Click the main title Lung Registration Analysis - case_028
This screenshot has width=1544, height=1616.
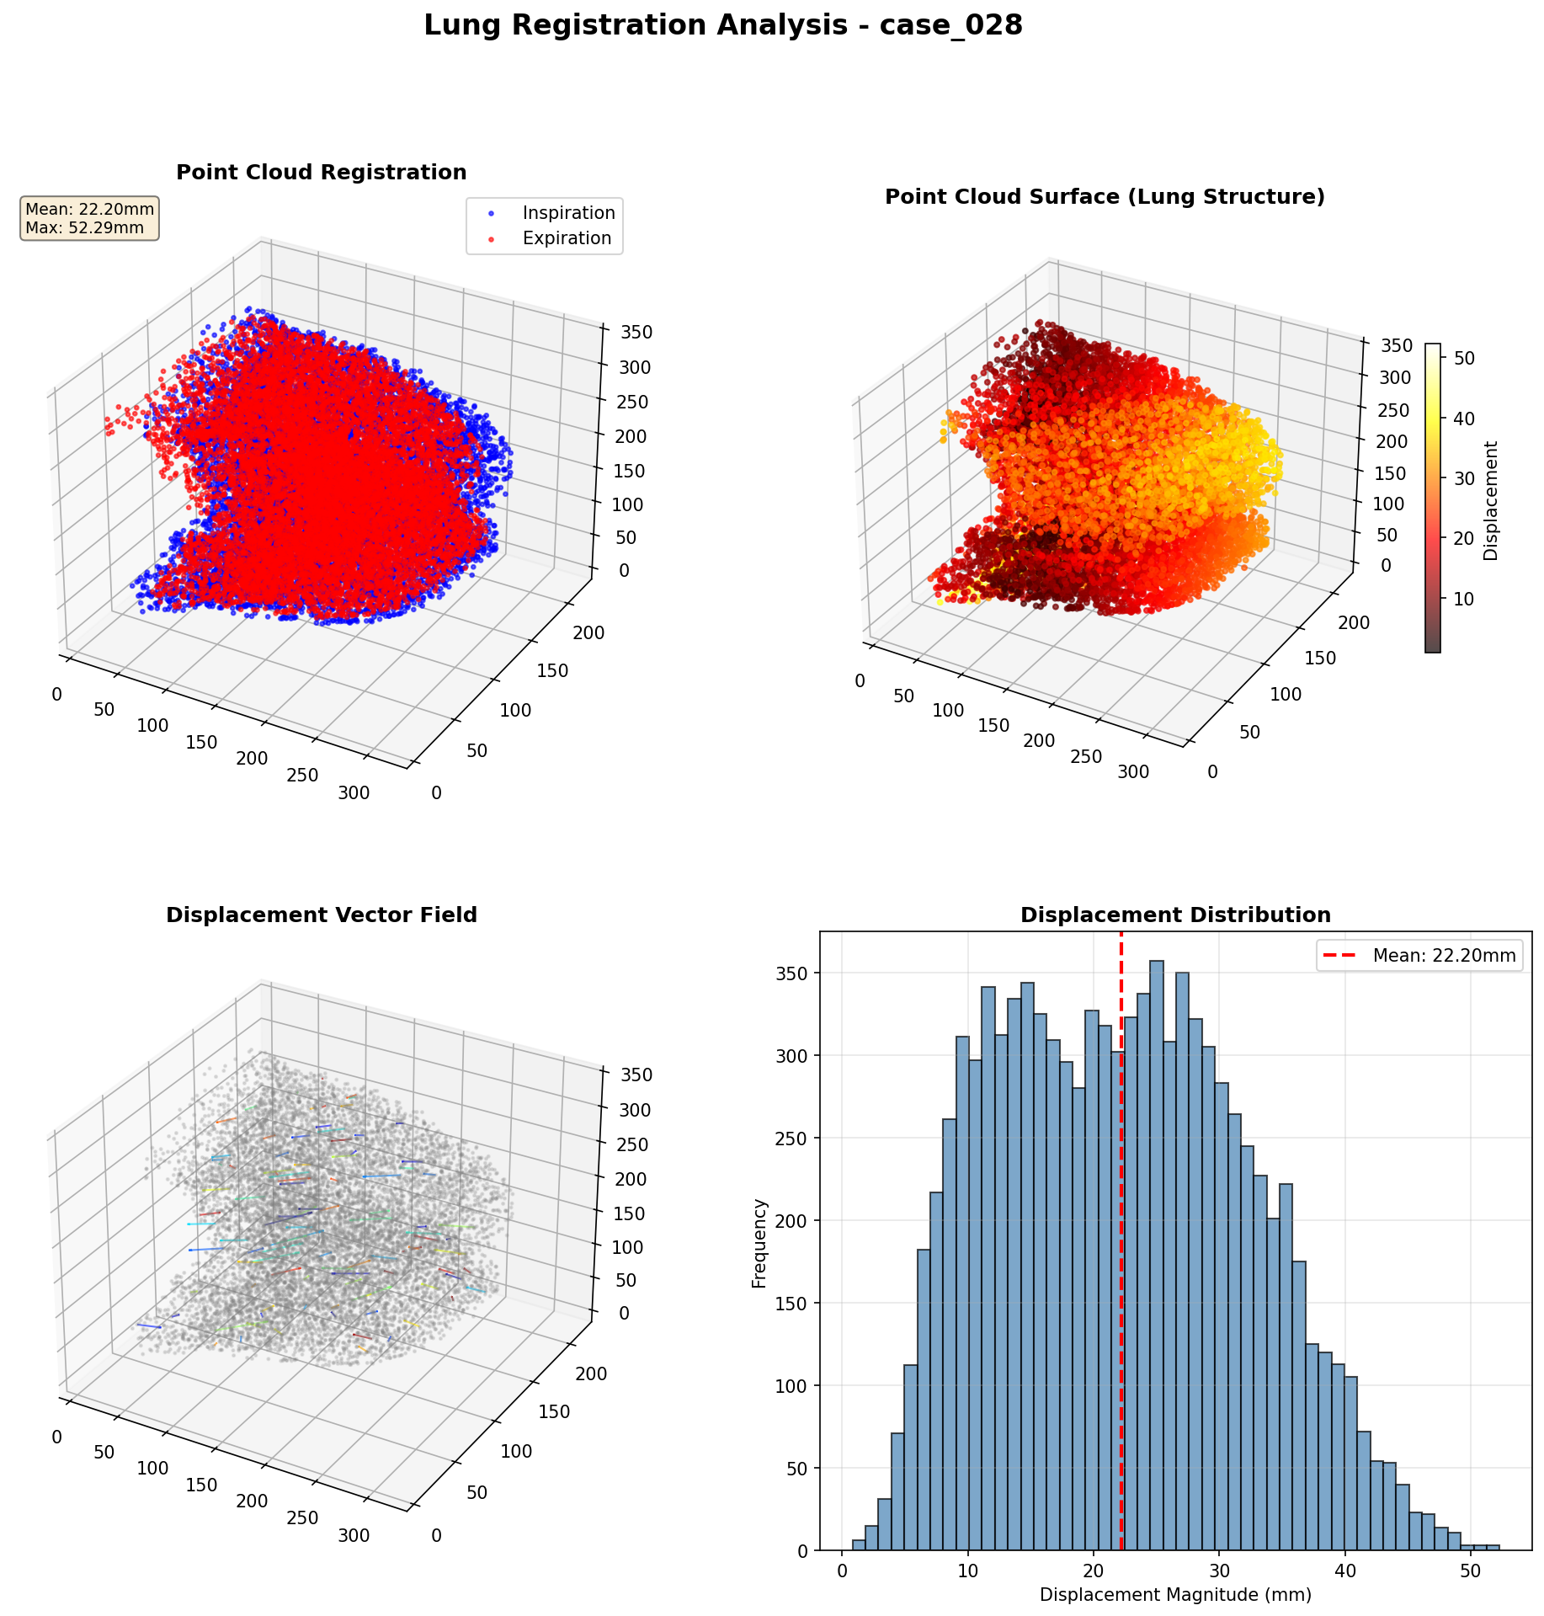click(x=722, y=25)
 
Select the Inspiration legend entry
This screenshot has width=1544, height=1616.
click(x=568, y=213)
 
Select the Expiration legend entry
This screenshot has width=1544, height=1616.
click(x=567, y=238)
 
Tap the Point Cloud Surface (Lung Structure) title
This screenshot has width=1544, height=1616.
click(x=1105, y=197)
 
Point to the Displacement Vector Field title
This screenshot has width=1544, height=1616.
click(x=322, y=915)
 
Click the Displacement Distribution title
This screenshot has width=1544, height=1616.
click(x=1175, y=915)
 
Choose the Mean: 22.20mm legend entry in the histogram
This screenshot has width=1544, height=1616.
click(x=1444, y=956)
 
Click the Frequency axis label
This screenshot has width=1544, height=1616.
click(x=759, y=1243)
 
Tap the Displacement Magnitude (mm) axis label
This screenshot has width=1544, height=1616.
click(x=1175, y=1595)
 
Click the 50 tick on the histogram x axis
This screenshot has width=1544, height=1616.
click(x=1471, y=1571)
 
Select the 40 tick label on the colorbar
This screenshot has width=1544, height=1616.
click(x=1464, y=419)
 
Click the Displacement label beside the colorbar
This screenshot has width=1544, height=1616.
click(x=1491, y=501)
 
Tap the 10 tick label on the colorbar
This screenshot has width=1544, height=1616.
click(x=1464, y=599)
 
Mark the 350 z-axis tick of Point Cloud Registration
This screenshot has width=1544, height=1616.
click(x=635, y=332)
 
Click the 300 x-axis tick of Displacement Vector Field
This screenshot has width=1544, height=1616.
click(x=353, y=1536)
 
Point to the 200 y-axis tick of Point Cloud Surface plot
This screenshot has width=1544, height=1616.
click(x=1355, y=622)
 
